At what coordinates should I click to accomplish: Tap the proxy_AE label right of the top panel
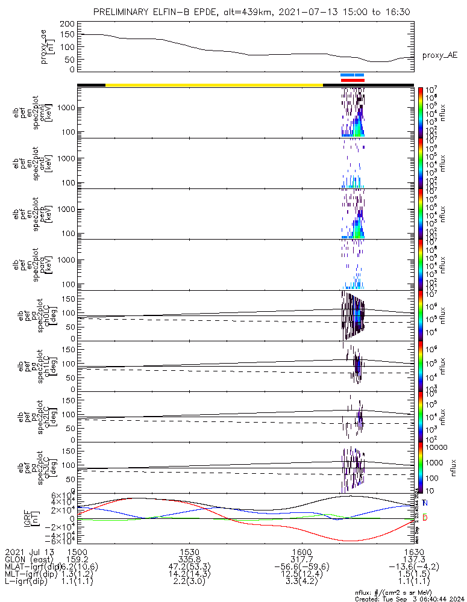coord(439,55)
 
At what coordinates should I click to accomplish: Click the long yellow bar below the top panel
coord(214,85)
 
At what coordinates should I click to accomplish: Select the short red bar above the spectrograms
coord(353,80)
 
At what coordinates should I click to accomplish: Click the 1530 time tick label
coord(190,551)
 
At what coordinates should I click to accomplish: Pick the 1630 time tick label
coord(413,551)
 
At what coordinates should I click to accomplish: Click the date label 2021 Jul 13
coord(29,551)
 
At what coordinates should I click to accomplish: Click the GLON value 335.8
coord(190,559)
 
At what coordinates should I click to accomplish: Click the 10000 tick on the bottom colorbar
coord(438,448)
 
